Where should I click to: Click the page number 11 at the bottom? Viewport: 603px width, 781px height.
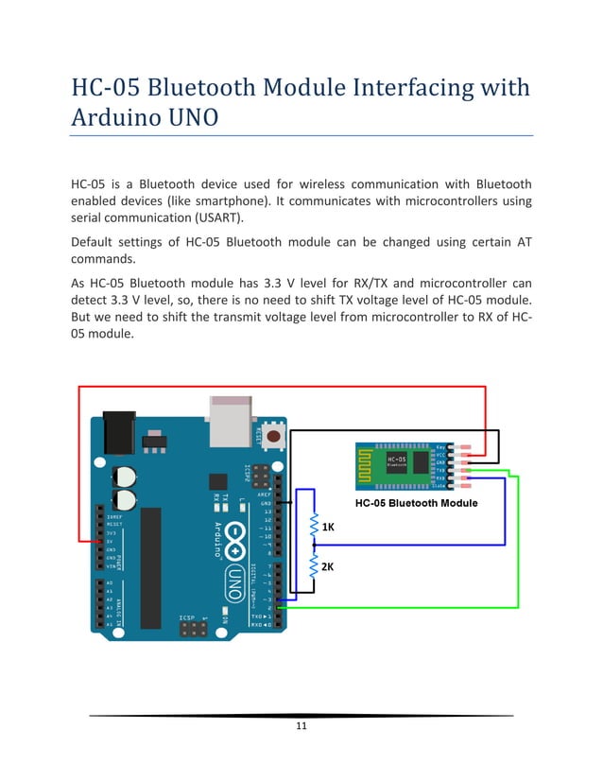click(x=301, y=726)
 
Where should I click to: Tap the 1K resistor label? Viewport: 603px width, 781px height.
click(x=328, y=526)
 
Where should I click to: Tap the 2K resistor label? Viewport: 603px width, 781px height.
click(x=328, y=567)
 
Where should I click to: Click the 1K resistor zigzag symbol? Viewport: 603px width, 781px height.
click(x=314, y=527)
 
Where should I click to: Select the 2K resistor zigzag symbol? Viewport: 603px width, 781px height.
click(x=314, y=567)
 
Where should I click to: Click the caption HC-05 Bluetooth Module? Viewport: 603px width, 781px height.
click(x=416, y=503)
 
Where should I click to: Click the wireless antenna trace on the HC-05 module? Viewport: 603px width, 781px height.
click(x=370, y=462)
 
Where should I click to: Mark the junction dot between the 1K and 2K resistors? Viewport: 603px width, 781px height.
click(x=314, y=546)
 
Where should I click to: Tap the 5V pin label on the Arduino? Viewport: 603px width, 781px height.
click(x=111, y=541)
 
